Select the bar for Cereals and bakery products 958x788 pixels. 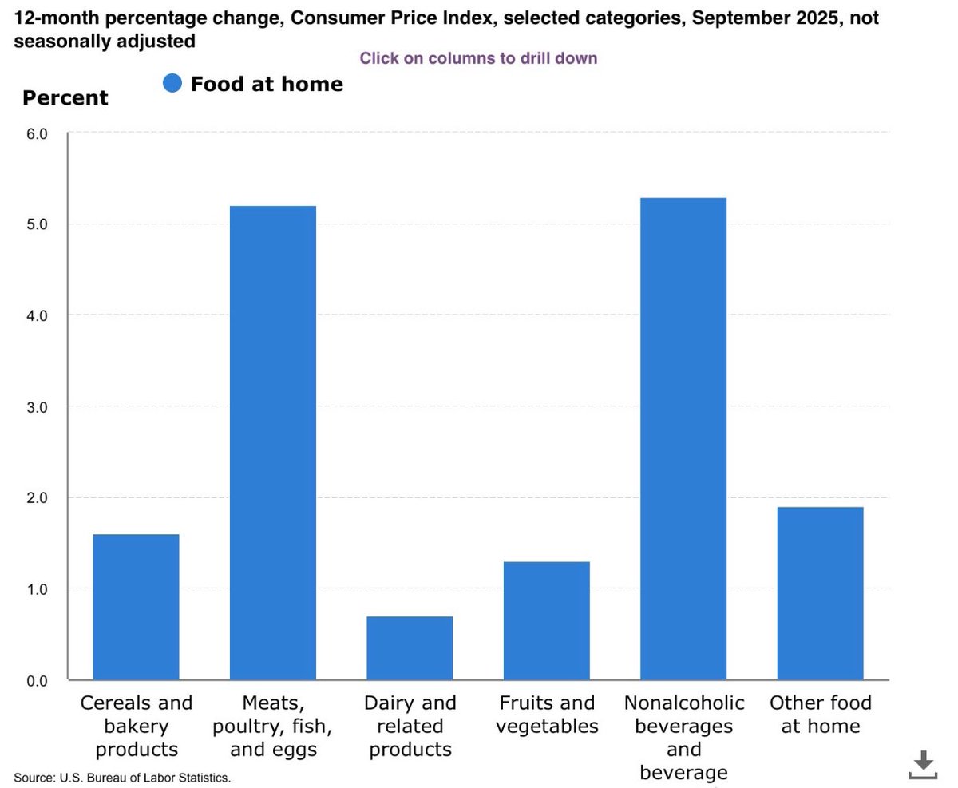coord(136,607)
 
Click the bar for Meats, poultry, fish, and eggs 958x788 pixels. coord(273,443)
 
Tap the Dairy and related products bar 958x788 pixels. coord(410,647)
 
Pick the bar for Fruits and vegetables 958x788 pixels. coord(547,620)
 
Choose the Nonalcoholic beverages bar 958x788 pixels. coord(683,439)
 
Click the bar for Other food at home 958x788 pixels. coord(820,593)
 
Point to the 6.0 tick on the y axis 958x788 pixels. coord(37,133)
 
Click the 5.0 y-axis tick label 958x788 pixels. coord(37,224)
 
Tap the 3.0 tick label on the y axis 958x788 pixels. coord(37,407)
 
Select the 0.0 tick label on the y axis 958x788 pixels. coord(37,681)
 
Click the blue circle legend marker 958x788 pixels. coord(172,83)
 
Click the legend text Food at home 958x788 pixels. coord(267,84)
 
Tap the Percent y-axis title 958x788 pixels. coord(65,98)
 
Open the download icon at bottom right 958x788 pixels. coord(923,764)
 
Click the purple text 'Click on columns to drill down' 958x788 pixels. coord(478,58)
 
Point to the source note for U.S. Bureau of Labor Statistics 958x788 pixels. coord(122,777)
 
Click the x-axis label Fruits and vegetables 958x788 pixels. coord(547,715)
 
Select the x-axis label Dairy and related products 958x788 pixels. coord(410,726)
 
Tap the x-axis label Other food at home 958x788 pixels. coord(820,715)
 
